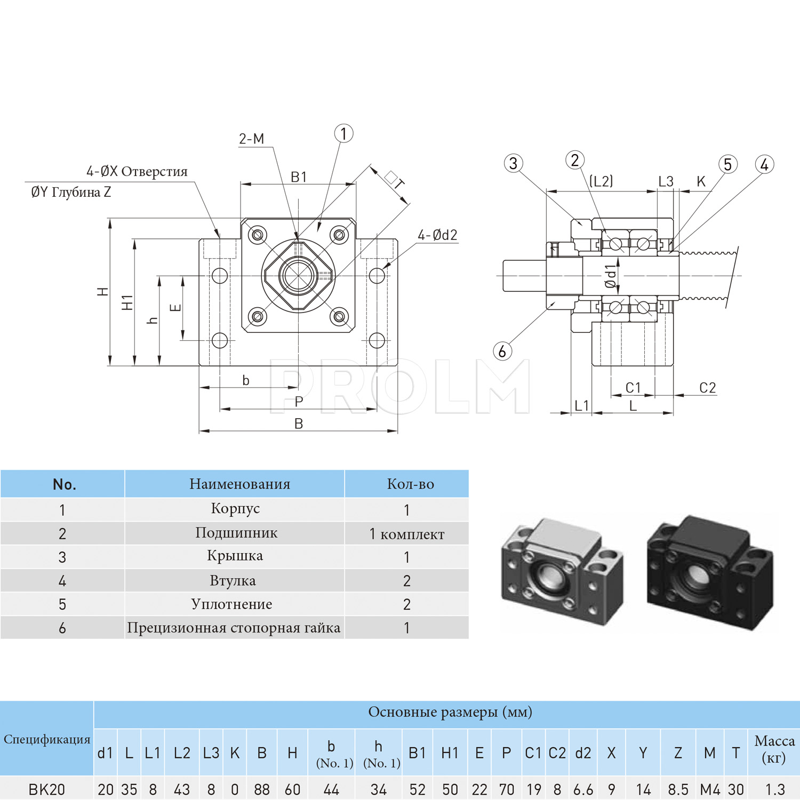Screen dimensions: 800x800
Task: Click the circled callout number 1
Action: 343,133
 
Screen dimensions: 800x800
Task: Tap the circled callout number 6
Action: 502,351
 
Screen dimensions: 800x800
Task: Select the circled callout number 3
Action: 513,163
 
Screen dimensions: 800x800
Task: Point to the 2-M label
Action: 251,139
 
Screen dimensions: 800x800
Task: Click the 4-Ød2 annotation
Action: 437,235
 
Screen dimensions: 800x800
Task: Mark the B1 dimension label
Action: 299,177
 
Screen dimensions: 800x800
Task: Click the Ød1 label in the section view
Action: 610,276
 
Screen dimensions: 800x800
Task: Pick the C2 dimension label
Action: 707,388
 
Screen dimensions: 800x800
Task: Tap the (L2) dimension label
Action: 601,181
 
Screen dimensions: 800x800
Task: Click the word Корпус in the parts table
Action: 235,509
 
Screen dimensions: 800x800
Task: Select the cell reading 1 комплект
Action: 407,534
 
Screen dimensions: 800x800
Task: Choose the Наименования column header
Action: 239,484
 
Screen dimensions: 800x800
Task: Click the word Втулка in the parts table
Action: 233,580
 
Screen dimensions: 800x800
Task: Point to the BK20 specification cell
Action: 47,789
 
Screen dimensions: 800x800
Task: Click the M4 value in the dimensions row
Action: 710,789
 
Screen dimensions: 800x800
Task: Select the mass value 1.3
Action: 774,789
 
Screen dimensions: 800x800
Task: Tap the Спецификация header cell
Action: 47,739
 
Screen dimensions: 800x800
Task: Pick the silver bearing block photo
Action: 562,571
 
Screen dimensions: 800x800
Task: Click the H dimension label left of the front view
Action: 103,292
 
